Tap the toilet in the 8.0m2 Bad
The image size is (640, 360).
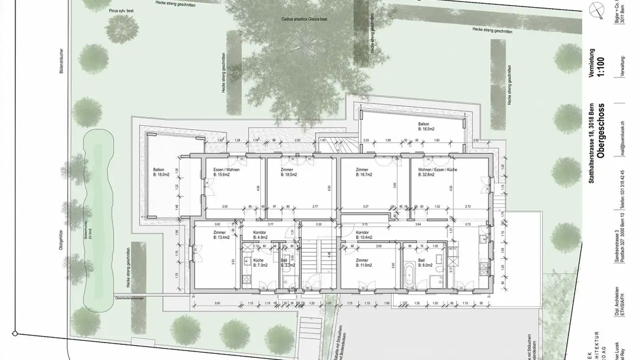(440, 271)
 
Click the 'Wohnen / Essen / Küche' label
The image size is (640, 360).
(437, 170)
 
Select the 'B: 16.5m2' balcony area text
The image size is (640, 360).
(426, 128)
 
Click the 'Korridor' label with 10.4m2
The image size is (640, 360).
(363, 232)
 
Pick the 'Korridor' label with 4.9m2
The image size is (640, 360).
(260, 232)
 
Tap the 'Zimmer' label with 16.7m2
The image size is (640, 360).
(363, 170)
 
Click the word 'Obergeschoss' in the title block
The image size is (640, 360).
(600, 131)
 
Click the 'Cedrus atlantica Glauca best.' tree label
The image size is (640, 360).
(301, 20)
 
